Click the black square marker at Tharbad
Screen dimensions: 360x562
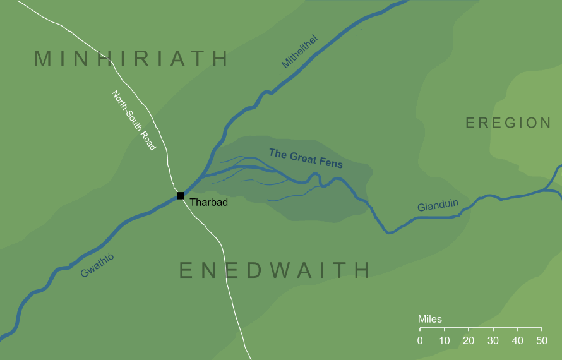[180, 196]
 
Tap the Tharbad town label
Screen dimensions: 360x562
[208, 203]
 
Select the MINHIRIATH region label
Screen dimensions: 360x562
[131, 59]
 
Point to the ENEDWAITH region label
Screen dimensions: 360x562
[275, 270]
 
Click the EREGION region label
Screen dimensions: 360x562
[508, 123]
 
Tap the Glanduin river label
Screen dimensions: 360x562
[438, 206]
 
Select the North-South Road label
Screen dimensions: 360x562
[133, 120]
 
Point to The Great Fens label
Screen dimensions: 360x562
[306, 158]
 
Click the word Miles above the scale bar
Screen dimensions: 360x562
[430, 319]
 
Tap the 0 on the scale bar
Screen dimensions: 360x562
[420, 341]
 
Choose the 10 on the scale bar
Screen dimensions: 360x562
[445, 341]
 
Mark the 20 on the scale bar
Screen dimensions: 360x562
[469, 341]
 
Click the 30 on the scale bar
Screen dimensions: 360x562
[493, 341]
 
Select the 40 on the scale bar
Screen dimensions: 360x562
[517, 341]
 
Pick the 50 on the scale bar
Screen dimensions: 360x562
[541, 341]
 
